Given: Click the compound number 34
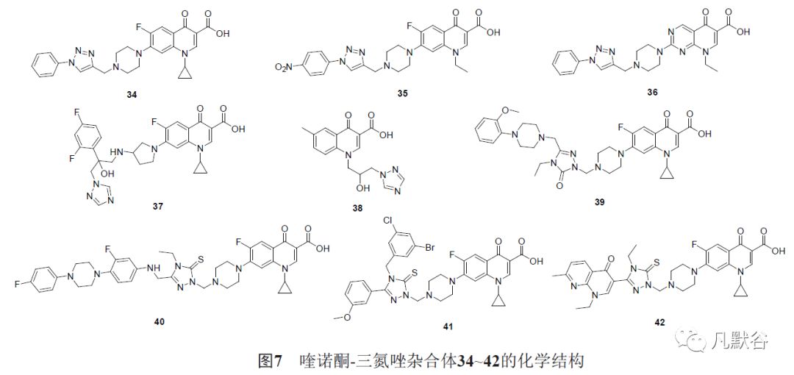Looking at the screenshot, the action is pyautogui.click(x=133, y=94).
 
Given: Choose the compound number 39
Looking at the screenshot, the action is pyautogui.click(x=601, y=202).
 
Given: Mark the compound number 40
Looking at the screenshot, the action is pyautogui.click(x=160, y=321).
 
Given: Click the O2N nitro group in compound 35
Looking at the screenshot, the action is pyautogui.click(x=284, y=66).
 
